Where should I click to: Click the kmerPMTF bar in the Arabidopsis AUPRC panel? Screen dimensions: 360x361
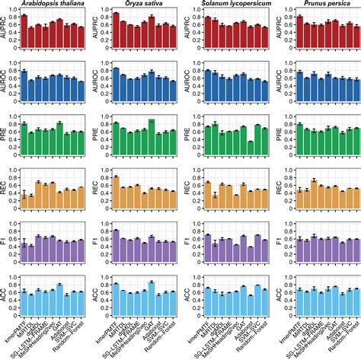(x=24, y=31)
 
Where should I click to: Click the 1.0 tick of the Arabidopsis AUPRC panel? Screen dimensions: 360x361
(x=13, y=11)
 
